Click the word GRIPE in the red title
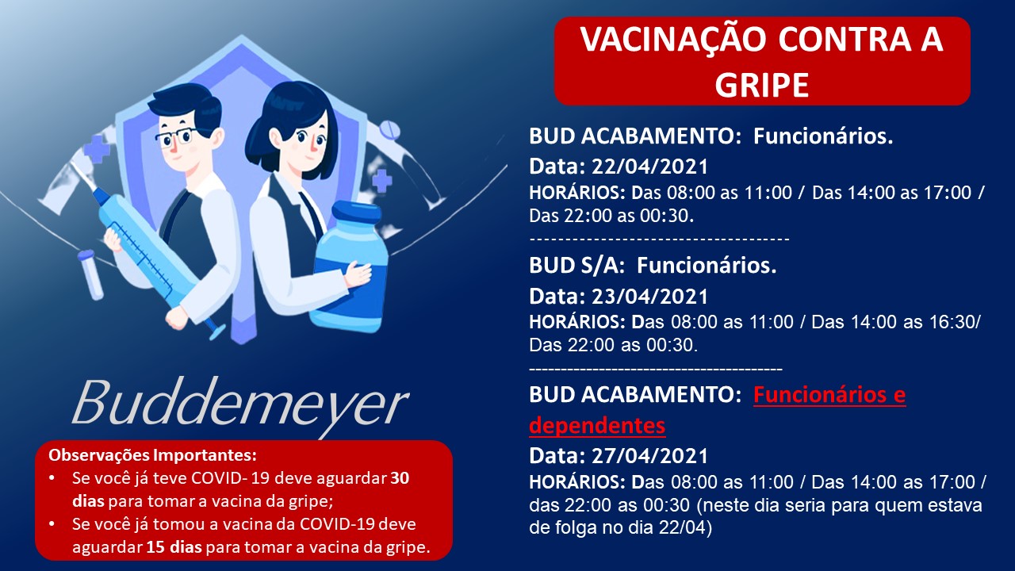click(x=762, y=85)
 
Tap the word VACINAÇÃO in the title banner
click(x=673, y=39)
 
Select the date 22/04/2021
click(x=649, y=167)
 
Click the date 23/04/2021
click(x=649, y=297)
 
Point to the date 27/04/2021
click(x=649, y=455)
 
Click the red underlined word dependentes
click(x=597, y=425)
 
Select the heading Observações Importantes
click(x=153, y=455)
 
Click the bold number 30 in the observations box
click(x=400, y=478)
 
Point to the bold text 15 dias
click(x=174, y=547)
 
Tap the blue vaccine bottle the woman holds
click(x=351, y=267)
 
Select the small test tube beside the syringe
click(x=91, y=274)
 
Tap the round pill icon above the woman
click(x=389, y=131)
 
